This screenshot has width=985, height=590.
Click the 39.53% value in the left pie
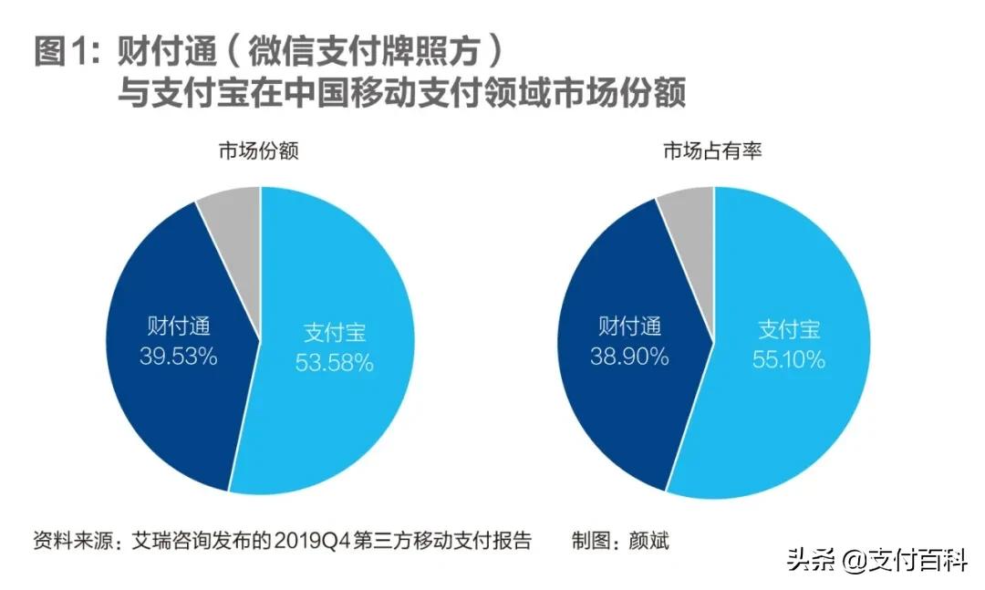point(178,357)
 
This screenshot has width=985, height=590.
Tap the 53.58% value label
point(334,363)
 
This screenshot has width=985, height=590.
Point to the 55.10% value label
point(789,359)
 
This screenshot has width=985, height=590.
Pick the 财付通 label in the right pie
point(629,326)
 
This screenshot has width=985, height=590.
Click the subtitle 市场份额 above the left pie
point(260,151)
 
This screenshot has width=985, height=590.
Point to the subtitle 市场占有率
point(712,151)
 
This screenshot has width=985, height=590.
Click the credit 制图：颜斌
point(620,539)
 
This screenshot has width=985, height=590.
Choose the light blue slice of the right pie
point(784,419)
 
